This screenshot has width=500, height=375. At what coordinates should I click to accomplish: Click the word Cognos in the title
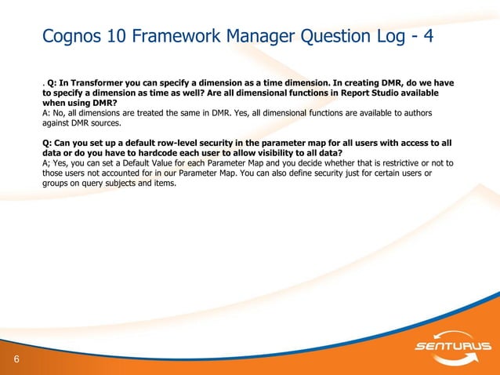[x=74, y=37]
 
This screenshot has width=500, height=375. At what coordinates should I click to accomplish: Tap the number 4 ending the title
[x=429, y=37]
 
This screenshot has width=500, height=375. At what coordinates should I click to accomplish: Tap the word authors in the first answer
[x=415, y=113]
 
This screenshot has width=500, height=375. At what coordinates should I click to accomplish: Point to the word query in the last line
[x=90, y=184]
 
